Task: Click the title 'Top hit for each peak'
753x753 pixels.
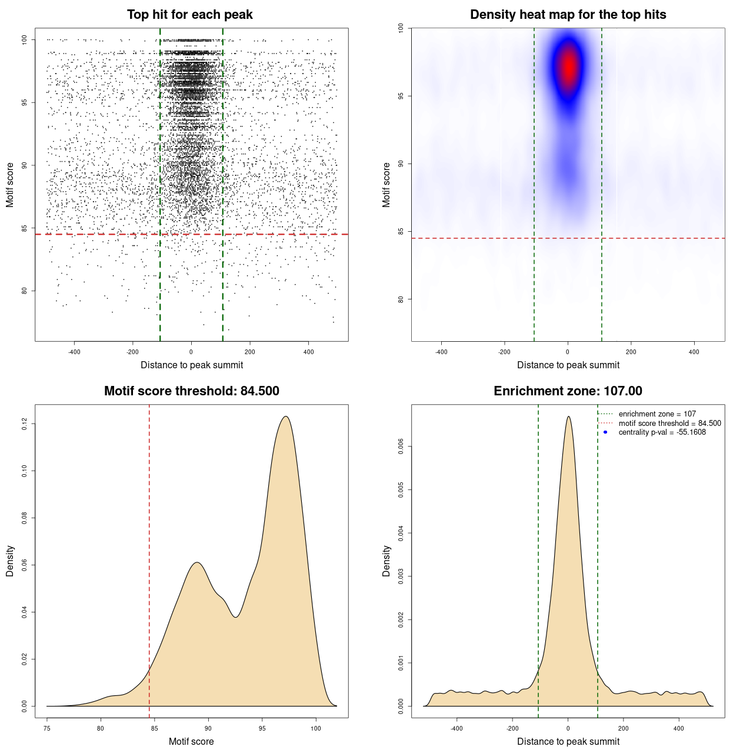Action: (x=189, y=15)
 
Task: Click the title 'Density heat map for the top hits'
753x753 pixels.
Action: (x=568, y=15)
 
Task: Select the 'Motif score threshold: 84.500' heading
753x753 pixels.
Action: (x=191, y=391)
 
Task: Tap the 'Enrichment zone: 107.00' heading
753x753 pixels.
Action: (x=568, y=391)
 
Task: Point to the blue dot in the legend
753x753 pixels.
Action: (x=605, y=432)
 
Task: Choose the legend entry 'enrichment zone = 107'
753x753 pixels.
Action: (x=657, y=414)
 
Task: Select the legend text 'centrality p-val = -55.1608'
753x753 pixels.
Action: (x=662, y=432)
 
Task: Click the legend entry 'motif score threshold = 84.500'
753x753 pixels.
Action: (x=669, y=424)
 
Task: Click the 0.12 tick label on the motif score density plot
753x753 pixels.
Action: (x=24, y=424)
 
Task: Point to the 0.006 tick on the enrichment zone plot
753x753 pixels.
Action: (x=401, y=447)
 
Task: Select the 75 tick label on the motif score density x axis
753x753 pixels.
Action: (x=47, y=728)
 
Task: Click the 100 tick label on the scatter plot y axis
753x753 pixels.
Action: (x=24, y=39)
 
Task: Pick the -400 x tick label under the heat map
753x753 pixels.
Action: (x=441, y=352)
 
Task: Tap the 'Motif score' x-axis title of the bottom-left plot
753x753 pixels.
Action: (x=191, y=741)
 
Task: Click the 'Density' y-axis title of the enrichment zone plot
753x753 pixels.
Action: (x=387, y=561)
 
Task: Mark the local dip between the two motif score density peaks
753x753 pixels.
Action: (x=235, y=617)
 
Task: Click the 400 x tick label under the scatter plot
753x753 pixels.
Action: (x=308, y=352)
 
